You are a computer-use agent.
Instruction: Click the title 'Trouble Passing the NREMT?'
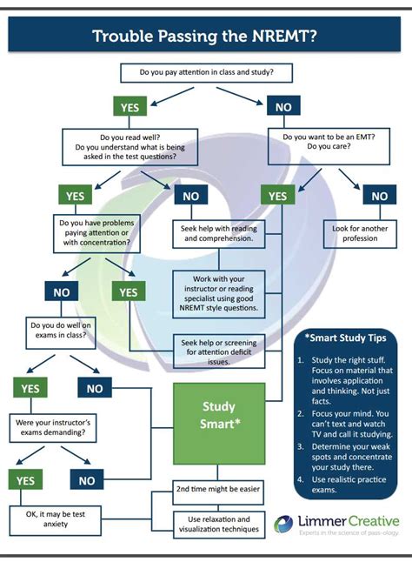coord(205,37)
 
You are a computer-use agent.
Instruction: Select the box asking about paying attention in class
coord(205,73)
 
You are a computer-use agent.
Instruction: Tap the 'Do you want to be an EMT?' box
coord(325,142)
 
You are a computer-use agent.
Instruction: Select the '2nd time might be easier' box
coord(217,489)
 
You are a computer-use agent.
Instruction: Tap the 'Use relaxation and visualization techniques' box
coord(217,523)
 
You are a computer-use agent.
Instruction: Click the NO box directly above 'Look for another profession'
coord(379,197)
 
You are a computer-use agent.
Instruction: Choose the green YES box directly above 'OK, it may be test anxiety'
coord(26,480)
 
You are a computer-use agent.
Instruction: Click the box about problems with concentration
coord(94,234)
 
